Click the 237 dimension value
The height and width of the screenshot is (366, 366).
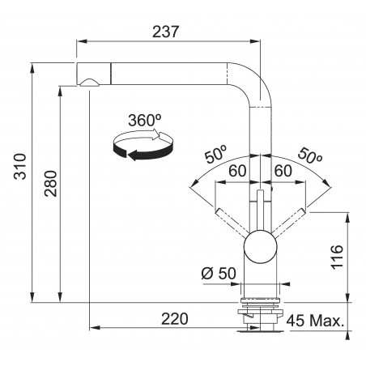(165, 32)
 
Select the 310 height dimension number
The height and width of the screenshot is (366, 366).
(20, 167)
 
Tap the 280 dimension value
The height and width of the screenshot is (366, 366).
(51, 184)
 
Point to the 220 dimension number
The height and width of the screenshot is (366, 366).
(175, 319)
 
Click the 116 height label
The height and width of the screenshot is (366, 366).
(337, 257)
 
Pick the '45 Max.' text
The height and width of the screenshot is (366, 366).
(316, 321)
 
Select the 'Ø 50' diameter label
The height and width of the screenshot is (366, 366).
(219, 273)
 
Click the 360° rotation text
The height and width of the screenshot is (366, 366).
(145, 121)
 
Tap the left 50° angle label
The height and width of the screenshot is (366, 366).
(215, 154)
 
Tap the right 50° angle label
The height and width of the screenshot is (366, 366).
(310, 155)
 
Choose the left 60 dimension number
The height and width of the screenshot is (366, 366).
(237, 171)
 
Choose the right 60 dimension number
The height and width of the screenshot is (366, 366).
(283, 171)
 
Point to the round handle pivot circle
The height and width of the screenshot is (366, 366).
(261, 246)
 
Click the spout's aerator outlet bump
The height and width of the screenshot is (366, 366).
(89, 83)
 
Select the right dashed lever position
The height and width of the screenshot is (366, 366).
(289, 223)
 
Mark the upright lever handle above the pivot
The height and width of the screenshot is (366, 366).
(261, 210)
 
